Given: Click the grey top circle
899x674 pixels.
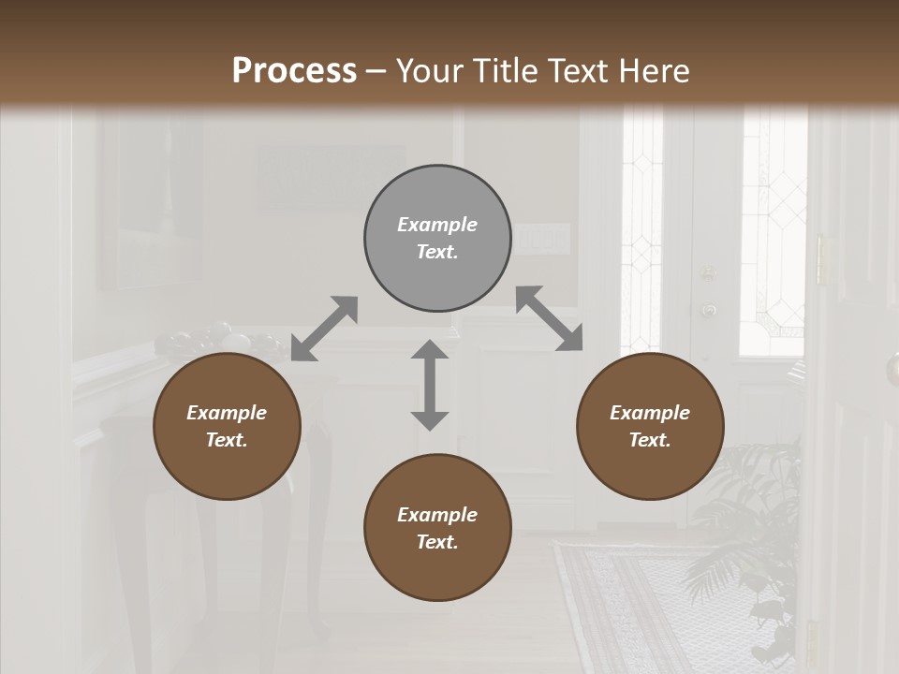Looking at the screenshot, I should point(437,239).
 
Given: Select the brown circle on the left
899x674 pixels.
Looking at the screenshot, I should point(227,427).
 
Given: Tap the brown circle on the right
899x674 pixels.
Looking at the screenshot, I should point(650,427).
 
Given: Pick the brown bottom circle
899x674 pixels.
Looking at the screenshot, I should point(437,528).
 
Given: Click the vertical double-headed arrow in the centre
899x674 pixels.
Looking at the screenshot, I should point(430,385).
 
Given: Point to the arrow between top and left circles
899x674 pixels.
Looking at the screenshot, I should point(324,329).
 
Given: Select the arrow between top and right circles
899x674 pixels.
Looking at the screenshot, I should point(550,318).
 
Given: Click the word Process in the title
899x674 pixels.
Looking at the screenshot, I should point(294,70).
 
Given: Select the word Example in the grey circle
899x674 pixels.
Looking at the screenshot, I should point(437,225).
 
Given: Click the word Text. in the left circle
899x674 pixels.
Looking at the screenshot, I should point(227,440).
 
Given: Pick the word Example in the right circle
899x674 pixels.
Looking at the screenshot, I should point(650,413).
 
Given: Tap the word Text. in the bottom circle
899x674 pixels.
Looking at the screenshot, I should point(437,542).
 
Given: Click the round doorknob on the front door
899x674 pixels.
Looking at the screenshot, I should point(709,309).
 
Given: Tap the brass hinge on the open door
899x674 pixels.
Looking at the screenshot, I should point(820,259).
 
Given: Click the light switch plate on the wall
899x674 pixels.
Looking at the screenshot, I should point(542,239).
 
